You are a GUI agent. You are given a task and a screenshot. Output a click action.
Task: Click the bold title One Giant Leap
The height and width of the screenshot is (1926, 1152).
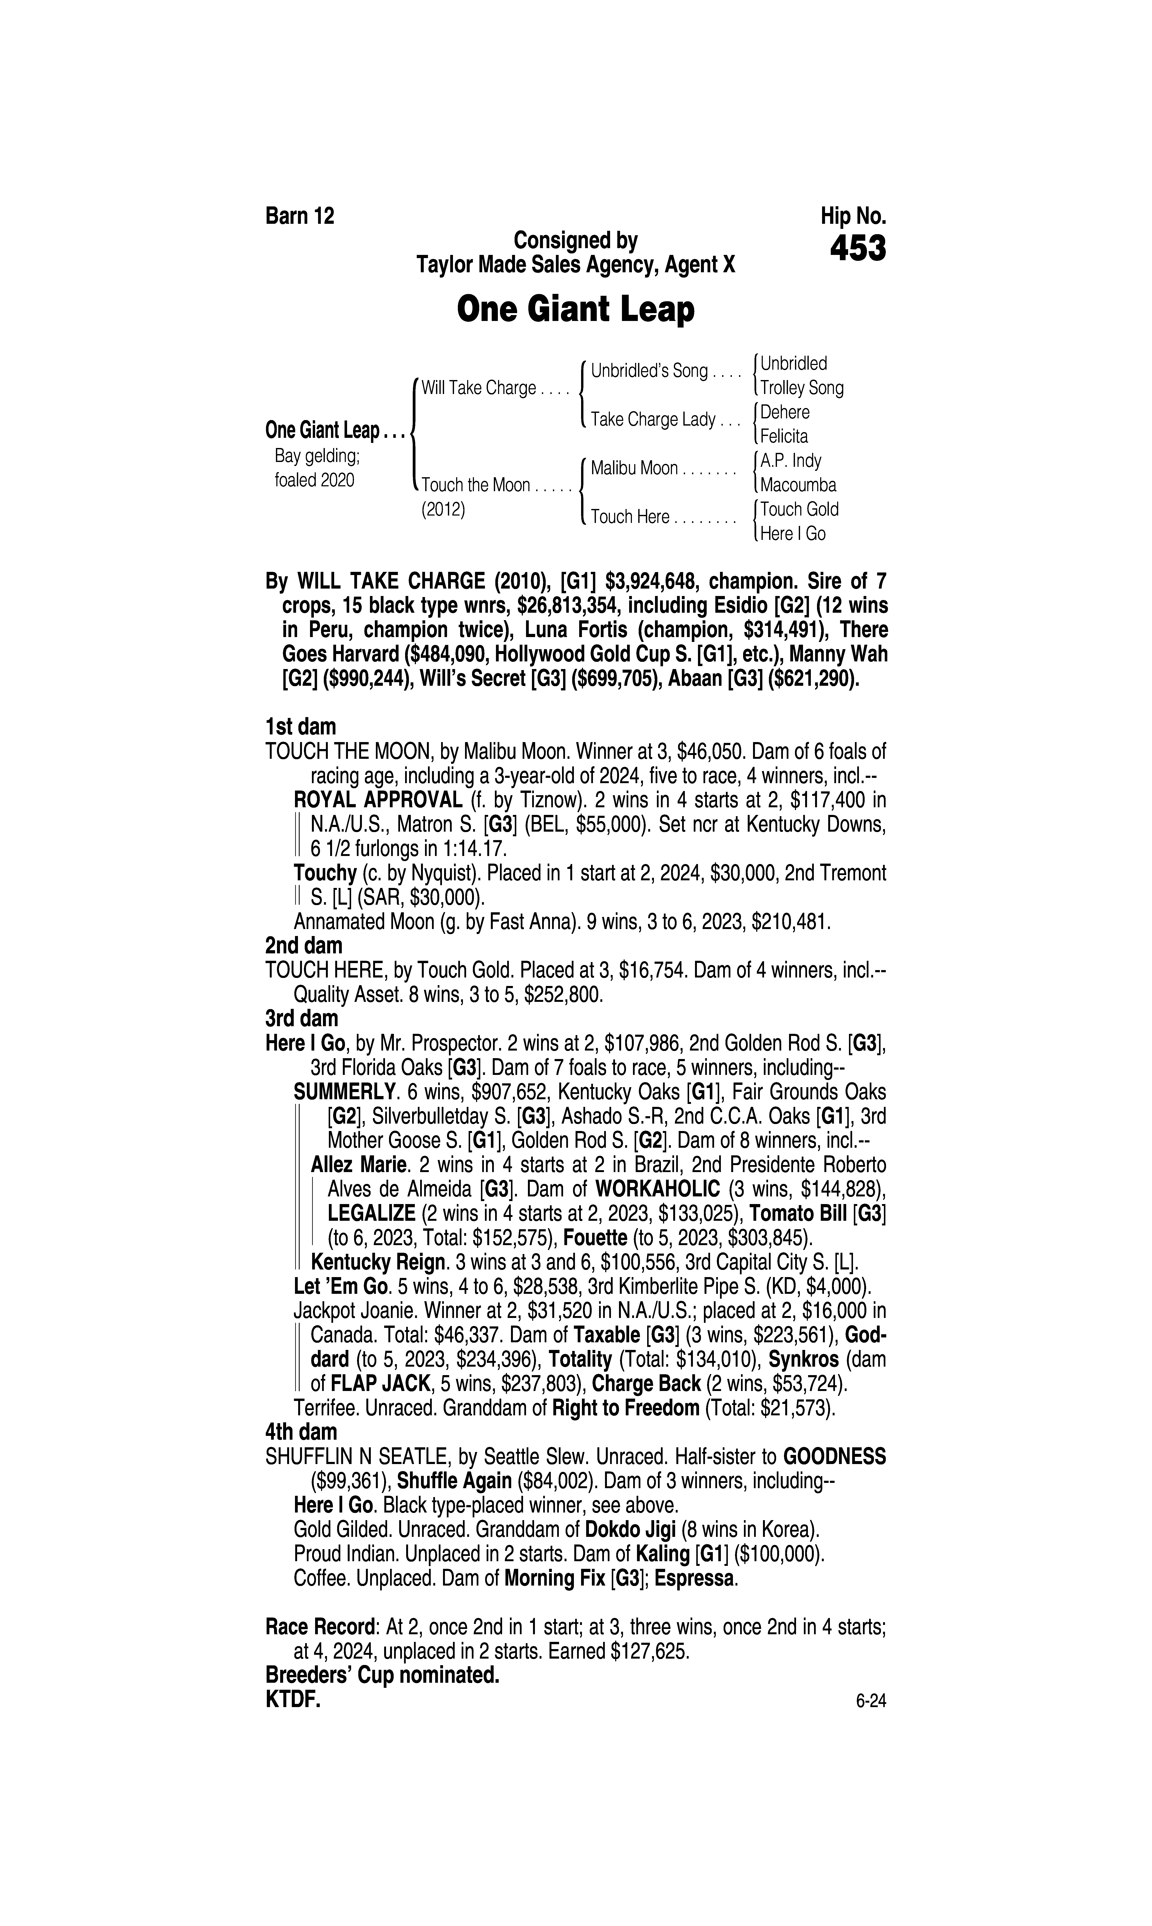pyautogui.click(x=575, y=310)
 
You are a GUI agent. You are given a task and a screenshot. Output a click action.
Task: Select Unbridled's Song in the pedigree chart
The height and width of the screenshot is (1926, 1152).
pyautogui.click(x=649, y=371)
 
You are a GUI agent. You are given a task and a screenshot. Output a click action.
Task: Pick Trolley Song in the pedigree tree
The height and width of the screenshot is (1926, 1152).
pyautogui.click(x=802, y=388)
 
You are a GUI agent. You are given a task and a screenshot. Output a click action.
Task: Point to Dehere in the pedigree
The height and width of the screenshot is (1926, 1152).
pyautogui.click(x=785, y=412)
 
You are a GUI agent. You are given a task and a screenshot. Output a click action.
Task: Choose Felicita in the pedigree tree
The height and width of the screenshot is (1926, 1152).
pyautogui.click(x=784, y=436)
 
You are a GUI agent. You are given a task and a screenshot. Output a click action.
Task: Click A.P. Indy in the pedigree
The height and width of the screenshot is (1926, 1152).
pyautogui.click(x=790, y=461)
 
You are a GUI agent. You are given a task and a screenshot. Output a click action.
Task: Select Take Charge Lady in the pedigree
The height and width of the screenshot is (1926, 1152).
pyautogui.click(x=653, y=420)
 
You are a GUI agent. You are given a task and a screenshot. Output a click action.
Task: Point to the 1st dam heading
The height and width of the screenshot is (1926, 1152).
pyautogui.click(x=300, y=727)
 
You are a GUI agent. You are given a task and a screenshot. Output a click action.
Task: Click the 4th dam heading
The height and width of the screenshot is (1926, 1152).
pyautogui.click(x=301, y=1432)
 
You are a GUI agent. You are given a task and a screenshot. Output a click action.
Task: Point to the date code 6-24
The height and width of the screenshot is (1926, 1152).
pyautogui.click(x=871, y=1702)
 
